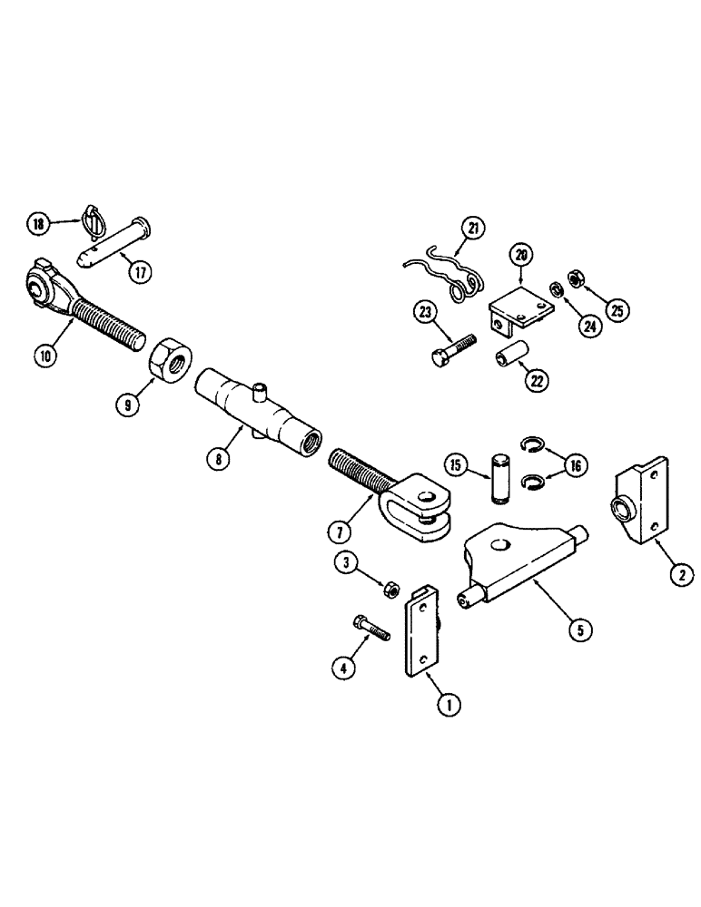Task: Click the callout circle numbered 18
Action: pos(37,223)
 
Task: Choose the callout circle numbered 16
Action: pos(574,465)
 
